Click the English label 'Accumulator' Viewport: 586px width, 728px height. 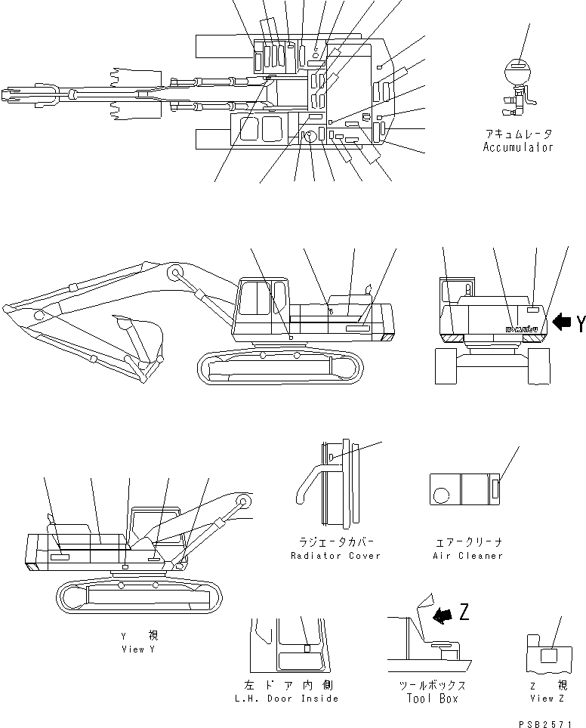coord(518,147)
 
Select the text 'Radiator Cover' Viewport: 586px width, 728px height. coord(335,556)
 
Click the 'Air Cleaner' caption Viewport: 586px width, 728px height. coord(467,556)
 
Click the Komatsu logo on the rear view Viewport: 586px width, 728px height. coord(523,329)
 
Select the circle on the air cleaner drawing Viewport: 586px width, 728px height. coord(441,495)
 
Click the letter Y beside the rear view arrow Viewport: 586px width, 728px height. coord(579,325)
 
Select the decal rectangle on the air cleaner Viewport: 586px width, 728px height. coord(495,489)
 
